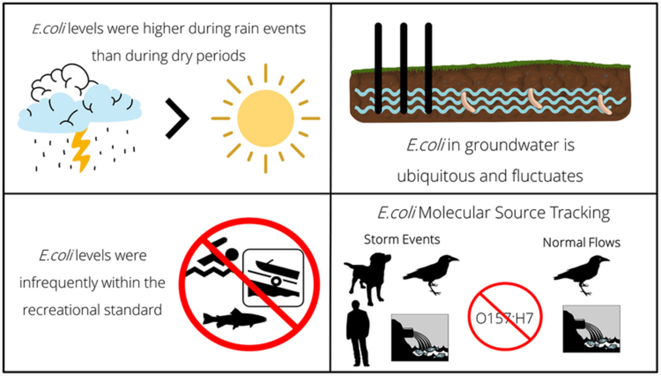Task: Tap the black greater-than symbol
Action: (177, 118)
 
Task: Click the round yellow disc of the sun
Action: (266, 118)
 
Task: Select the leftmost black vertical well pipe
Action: (378, 68)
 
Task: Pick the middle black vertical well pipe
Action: (404, 68)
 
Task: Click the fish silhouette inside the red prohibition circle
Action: (234, 319)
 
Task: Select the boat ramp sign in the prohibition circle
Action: (273, 278)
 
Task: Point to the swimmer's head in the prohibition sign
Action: (232, 254)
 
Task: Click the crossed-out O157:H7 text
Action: (505, 318)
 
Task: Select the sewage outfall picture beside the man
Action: (420, 338)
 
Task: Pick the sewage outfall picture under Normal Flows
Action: (591, 329)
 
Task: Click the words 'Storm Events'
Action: (402, 240)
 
